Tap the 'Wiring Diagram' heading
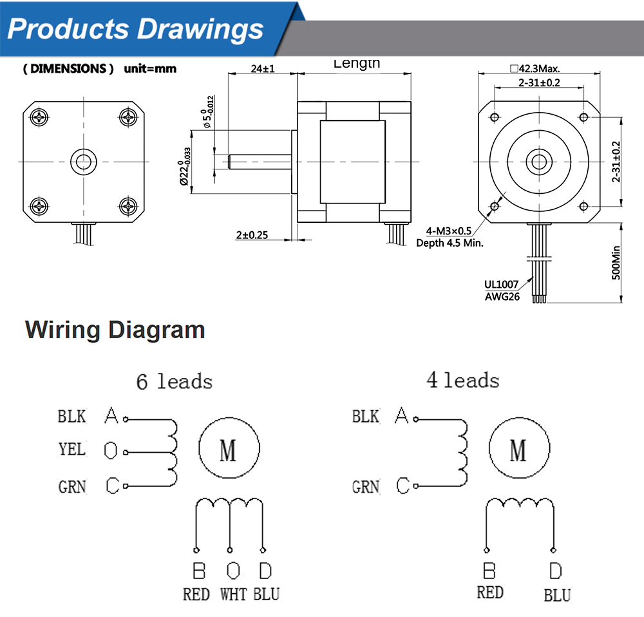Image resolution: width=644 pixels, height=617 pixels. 115,330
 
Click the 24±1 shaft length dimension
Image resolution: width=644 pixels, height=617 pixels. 261,68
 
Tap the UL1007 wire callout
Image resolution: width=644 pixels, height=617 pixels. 502,284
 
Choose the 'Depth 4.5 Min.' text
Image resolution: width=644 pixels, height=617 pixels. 450,243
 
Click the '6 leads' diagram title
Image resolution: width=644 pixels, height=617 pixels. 174,381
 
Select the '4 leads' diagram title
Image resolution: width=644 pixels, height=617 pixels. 462,380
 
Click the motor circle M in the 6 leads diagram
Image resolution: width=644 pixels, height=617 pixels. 229,449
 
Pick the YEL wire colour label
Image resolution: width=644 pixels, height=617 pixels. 72,449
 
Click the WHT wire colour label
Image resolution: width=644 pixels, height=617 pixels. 232,594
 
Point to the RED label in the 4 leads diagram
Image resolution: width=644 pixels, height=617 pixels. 489,592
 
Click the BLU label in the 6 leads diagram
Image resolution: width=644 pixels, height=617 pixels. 266,594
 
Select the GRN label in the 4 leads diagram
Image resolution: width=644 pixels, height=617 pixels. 365,487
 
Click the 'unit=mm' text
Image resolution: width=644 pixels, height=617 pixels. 149,68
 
